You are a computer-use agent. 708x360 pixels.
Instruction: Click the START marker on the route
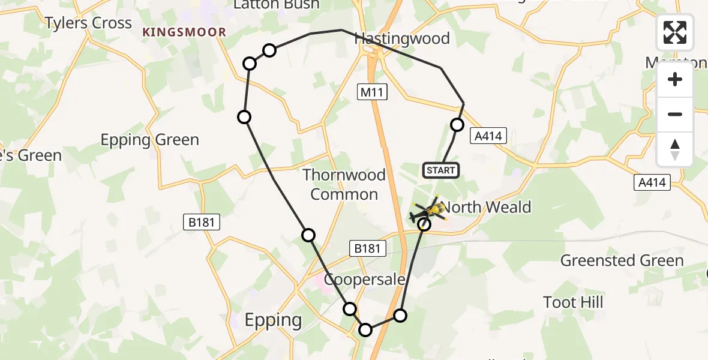point(441,170)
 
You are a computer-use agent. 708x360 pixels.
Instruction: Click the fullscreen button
point(675,32)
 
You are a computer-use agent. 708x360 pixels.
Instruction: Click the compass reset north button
point(675,149)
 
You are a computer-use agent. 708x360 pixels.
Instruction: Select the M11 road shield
point(373,92)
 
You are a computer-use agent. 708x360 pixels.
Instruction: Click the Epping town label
point(273,320)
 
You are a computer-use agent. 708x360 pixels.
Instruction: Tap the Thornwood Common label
point(344,184)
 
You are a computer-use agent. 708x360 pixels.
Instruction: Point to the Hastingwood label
point(402,38)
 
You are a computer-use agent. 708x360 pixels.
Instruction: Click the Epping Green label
point(149,140)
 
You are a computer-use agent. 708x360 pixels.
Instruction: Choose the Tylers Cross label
point(88,23)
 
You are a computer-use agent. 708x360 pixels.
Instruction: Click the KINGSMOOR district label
point(184,32)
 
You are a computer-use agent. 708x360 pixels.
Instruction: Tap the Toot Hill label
point(573,302)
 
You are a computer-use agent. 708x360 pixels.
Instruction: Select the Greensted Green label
point(622,260)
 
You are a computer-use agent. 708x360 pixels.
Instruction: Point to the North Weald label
point(487,208)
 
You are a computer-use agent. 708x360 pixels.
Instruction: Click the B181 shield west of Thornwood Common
point(202,223)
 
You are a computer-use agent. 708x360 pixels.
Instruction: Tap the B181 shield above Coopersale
point(367,248)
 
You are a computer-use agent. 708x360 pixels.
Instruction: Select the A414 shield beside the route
point(487,136)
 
